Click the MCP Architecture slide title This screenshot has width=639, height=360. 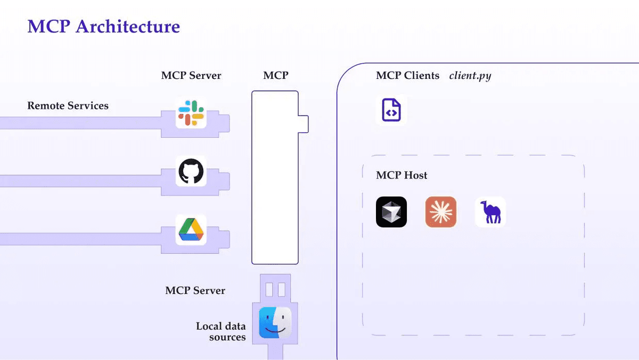103,26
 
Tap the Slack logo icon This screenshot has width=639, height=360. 191,112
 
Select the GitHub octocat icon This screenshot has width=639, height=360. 191,171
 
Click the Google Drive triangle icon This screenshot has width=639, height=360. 191,230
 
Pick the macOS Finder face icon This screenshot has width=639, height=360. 275,323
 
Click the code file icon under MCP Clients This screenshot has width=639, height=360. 391,110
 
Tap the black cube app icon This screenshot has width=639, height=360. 391,212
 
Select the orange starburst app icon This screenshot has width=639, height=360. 441,212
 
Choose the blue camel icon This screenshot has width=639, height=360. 490,212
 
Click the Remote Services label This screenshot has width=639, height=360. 68,105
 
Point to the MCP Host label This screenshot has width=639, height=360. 402,175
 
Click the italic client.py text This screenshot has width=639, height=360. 470,76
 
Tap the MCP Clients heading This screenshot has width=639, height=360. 407,76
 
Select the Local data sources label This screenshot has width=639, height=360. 221,331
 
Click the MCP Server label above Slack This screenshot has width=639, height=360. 191,76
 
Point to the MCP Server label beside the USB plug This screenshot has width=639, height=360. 195,291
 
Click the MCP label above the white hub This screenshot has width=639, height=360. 275,76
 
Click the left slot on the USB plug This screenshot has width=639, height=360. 269,290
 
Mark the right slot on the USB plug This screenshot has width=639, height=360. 282,290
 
